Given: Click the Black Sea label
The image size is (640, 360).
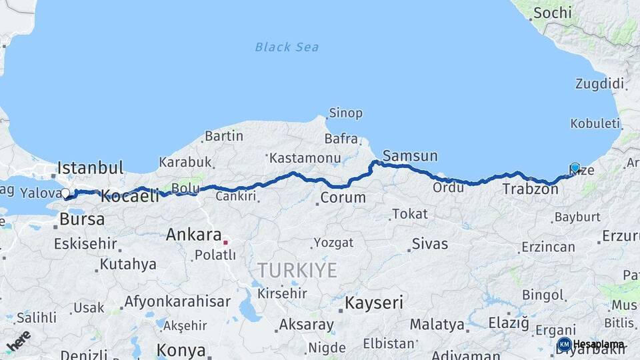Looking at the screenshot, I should pyautogui.click(x=287, y=47).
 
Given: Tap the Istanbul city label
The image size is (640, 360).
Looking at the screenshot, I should pyautogui.click(x=91, y=167).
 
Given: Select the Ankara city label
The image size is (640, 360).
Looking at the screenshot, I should pyautogui.click(x=193, y=235).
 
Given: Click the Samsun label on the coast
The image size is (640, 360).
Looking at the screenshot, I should pyautogui.click(x=410, y=156).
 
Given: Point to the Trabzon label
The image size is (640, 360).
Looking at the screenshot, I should pyautogui.click(x=530, y=189).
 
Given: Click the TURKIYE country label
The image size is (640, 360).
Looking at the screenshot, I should pyautogui.click(x=297, y=270).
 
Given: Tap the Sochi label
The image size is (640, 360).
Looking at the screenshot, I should pyautogui.click(x=553, y=13).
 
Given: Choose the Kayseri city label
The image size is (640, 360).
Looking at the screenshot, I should pyautogui.click(x=373, y=303).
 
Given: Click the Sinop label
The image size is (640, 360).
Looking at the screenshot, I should pyautogui.click(x=346, y=113).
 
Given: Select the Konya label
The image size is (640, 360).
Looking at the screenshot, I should pyautogui.click(x=181, y=349).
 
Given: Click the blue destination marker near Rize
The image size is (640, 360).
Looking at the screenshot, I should pyautogui.click(x=575, y=167).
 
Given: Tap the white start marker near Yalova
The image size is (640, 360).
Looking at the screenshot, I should pyautogui.click(x=65, y=193).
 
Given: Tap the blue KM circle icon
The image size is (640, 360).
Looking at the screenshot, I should pyautogui.click(x=564, y=345).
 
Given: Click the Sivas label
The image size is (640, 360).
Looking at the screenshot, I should pyautogui.click(x=430, y=243).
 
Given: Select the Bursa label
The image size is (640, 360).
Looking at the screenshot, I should pyautogui.click(x=82, y=219).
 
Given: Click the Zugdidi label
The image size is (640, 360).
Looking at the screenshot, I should pyautogui.click(x=599, y=84).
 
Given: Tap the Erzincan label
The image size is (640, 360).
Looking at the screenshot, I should pyautogui.click(x=548, y=247).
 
